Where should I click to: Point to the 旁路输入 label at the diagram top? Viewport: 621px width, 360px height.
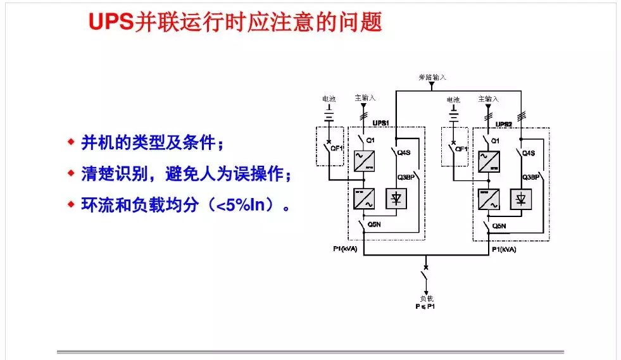[x=432, y=77]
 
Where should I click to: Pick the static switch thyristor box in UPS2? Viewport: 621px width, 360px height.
[x=521, y=199]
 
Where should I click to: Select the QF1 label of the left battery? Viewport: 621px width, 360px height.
[x=337, y=149]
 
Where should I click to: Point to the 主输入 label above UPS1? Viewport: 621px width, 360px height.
[x=365, y=99]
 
